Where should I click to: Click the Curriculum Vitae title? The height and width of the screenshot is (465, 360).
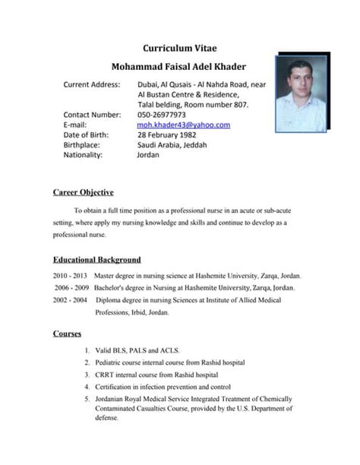pos(179,48)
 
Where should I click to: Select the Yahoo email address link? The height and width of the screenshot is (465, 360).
pos(183,125)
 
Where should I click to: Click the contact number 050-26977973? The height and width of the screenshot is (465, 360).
pos(161,115)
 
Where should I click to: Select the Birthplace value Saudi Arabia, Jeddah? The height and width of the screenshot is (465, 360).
pos(172,144)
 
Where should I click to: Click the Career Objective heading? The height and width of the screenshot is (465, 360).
pos(84,192)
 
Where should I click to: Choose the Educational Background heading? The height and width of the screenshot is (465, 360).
pos(96,260)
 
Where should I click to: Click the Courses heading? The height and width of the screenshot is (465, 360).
pos(68,333)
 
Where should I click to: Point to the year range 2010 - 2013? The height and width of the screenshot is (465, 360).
pos(71,276)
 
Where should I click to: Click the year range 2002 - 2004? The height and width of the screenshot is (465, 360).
pos(71,300)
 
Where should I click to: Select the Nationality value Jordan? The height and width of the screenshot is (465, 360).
pos(148,154)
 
